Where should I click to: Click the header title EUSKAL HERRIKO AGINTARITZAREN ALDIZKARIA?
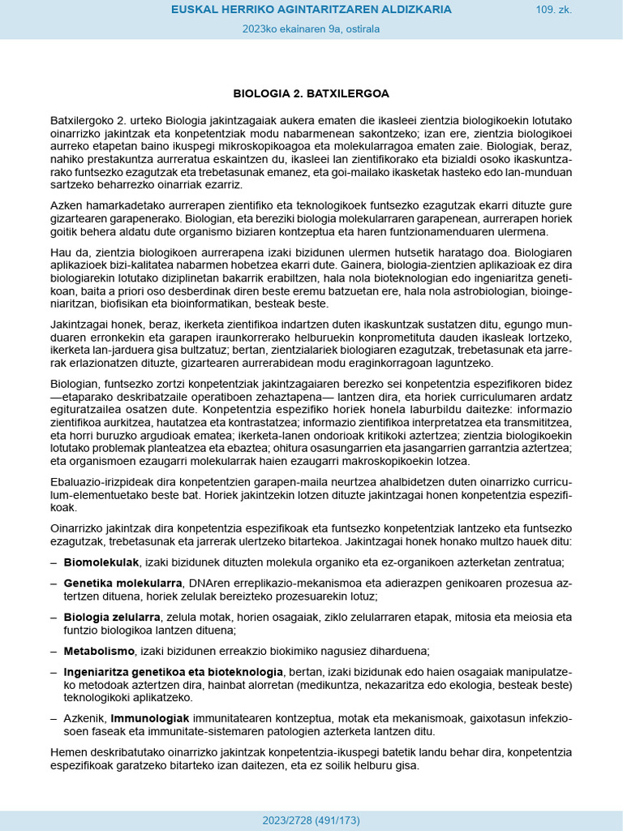311,10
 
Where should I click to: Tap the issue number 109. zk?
553,10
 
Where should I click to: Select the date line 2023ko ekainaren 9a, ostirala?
311,29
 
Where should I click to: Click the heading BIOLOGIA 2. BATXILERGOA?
311,93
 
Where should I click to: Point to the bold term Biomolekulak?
101,562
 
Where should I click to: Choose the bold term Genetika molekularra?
122,583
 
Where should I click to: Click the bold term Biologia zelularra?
112,617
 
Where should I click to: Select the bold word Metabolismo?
99,651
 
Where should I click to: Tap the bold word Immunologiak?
150,718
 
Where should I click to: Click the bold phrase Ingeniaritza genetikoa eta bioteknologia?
174,672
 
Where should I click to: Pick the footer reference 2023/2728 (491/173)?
311,820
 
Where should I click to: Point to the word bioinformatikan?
266,304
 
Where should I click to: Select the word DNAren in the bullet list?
206,583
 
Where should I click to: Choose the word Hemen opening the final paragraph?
68,752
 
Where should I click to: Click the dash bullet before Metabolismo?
54,651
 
